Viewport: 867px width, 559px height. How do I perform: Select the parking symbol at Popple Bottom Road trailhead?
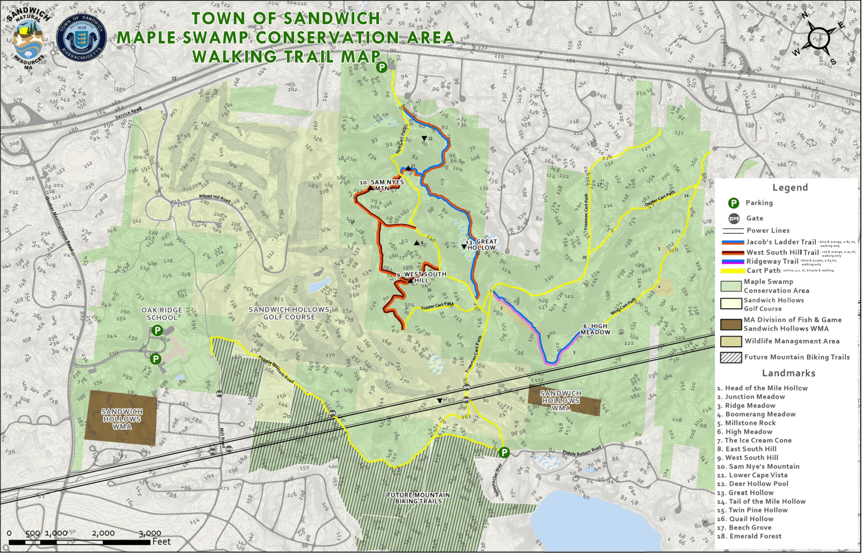tap(504, 452)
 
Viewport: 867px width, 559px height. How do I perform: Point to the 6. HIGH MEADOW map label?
tap(595, 329)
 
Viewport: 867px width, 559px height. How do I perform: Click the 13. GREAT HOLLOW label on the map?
tap(481, 244)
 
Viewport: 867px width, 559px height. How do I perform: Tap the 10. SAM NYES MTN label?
tap(381, 185)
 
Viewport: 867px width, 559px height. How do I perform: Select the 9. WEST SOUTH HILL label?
tap(421, 277)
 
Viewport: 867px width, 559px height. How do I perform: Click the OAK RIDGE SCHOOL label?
tap(161, 314)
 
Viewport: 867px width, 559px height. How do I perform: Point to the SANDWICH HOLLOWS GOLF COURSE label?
tap(289, 313)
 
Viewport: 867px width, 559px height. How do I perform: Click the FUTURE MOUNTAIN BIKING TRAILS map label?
tap(418, 498)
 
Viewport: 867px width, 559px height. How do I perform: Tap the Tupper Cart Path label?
tap(437, 306)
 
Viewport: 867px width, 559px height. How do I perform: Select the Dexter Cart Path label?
tap(660, 199)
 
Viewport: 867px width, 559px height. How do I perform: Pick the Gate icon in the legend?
tap(734, 218)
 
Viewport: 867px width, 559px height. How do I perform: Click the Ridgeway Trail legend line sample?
tap(733, 262)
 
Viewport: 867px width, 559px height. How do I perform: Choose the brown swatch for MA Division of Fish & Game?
tap(731, 324)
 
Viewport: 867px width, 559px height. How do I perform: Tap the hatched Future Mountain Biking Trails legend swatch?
tap(731, 357)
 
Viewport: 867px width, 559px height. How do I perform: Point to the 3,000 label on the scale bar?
tap(149, 533)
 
